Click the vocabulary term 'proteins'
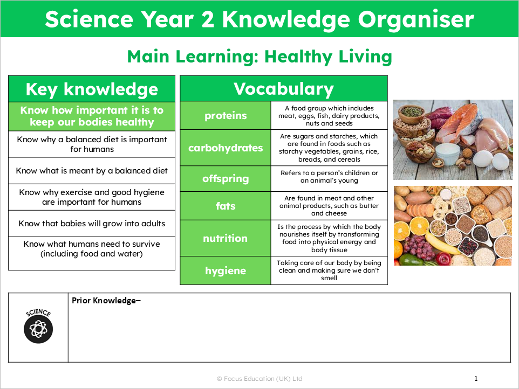[x=226, y=115]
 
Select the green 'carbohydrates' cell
[x=226, y=148]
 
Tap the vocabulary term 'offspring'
[x=226, y=178]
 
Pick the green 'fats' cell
[x=226, y=205]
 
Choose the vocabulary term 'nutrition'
[x=226, y=238]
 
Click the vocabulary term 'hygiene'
[x=226, y=270]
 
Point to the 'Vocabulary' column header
[x=283, y=89]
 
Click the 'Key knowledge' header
[x=92, y=89]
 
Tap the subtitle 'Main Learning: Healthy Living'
[x=259, y=57]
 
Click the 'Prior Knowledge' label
[x=106, y=301]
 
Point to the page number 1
[x=476, y=379]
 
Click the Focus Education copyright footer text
[x=259, y=379]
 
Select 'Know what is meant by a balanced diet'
[x=92, y=171]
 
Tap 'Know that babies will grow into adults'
[x=92, y=224]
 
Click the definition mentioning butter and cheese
[x=329, y=206]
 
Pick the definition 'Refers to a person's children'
[x=329, y=177]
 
